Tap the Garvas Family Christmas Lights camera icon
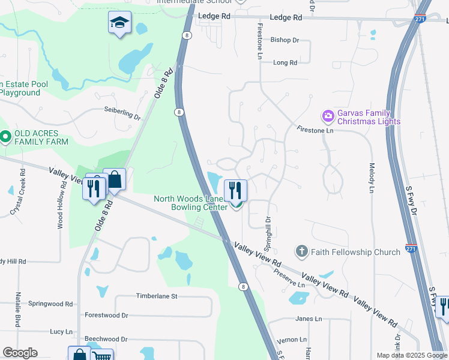328,115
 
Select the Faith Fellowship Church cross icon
302,251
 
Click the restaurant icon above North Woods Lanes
235,190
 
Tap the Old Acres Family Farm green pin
5,137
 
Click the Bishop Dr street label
285,40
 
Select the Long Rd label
285,62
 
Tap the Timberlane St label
157,296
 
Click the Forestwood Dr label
106,315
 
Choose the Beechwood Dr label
106,339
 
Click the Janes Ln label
309,319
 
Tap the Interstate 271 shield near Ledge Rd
420,19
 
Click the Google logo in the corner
20,353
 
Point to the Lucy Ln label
61,331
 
